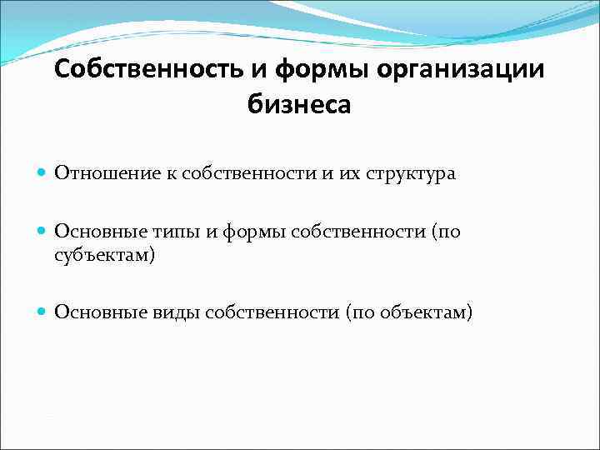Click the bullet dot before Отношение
[43, 173]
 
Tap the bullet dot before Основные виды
[43, 312]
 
